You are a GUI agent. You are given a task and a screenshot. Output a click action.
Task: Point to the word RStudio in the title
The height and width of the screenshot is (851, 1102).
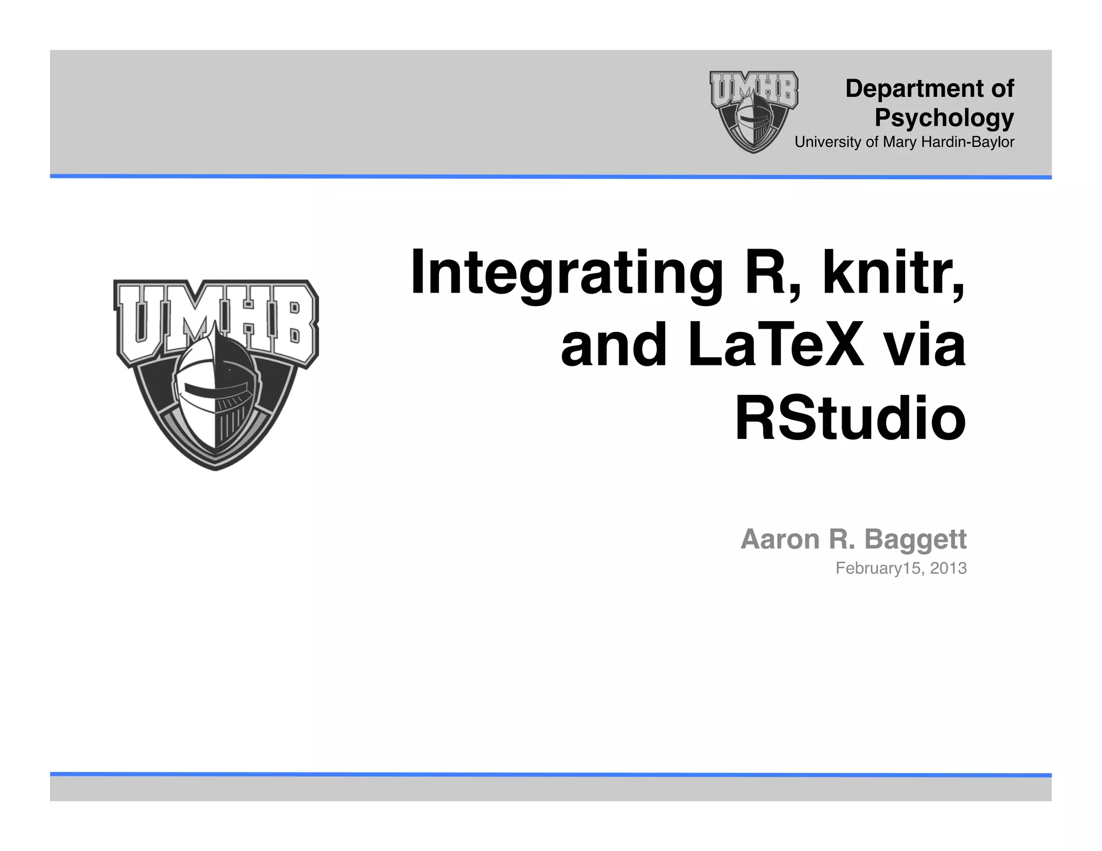coord(850,418)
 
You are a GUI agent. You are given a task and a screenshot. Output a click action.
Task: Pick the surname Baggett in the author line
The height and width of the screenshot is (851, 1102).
coord(915,539)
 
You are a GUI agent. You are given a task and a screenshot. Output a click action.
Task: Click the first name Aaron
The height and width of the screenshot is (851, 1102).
coord(780,539)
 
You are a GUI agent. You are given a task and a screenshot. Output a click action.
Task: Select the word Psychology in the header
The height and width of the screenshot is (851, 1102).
coord(944,118)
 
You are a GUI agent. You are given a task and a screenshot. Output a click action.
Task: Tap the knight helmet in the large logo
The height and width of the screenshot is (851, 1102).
coord(215,393)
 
